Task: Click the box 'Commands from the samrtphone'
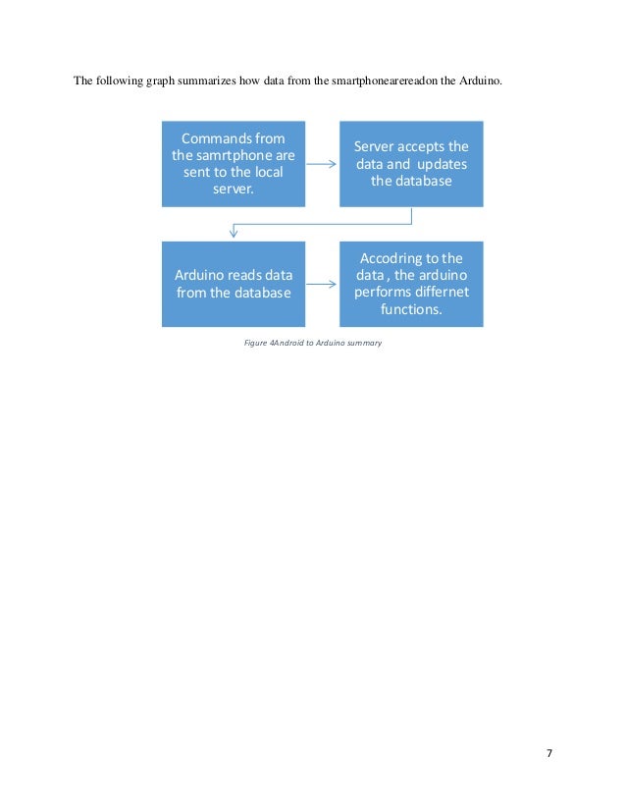click(234, 163)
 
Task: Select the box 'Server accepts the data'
click(411, 163)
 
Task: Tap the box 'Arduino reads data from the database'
click(234, 284)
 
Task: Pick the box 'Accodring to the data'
click(411, 284)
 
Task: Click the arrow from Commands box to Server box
click(322, 164)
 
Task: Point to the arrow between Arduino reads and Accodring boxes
click(322, 285)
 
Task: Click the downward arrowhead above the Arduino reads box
click(234, 233)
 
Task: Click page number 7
click(549, 753)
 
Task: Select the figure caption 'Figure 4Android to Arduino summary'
click(312, 343)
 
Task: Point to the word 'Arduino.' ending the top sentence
click(481, 81)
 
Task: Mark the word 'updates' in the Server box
click(443, 164)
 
